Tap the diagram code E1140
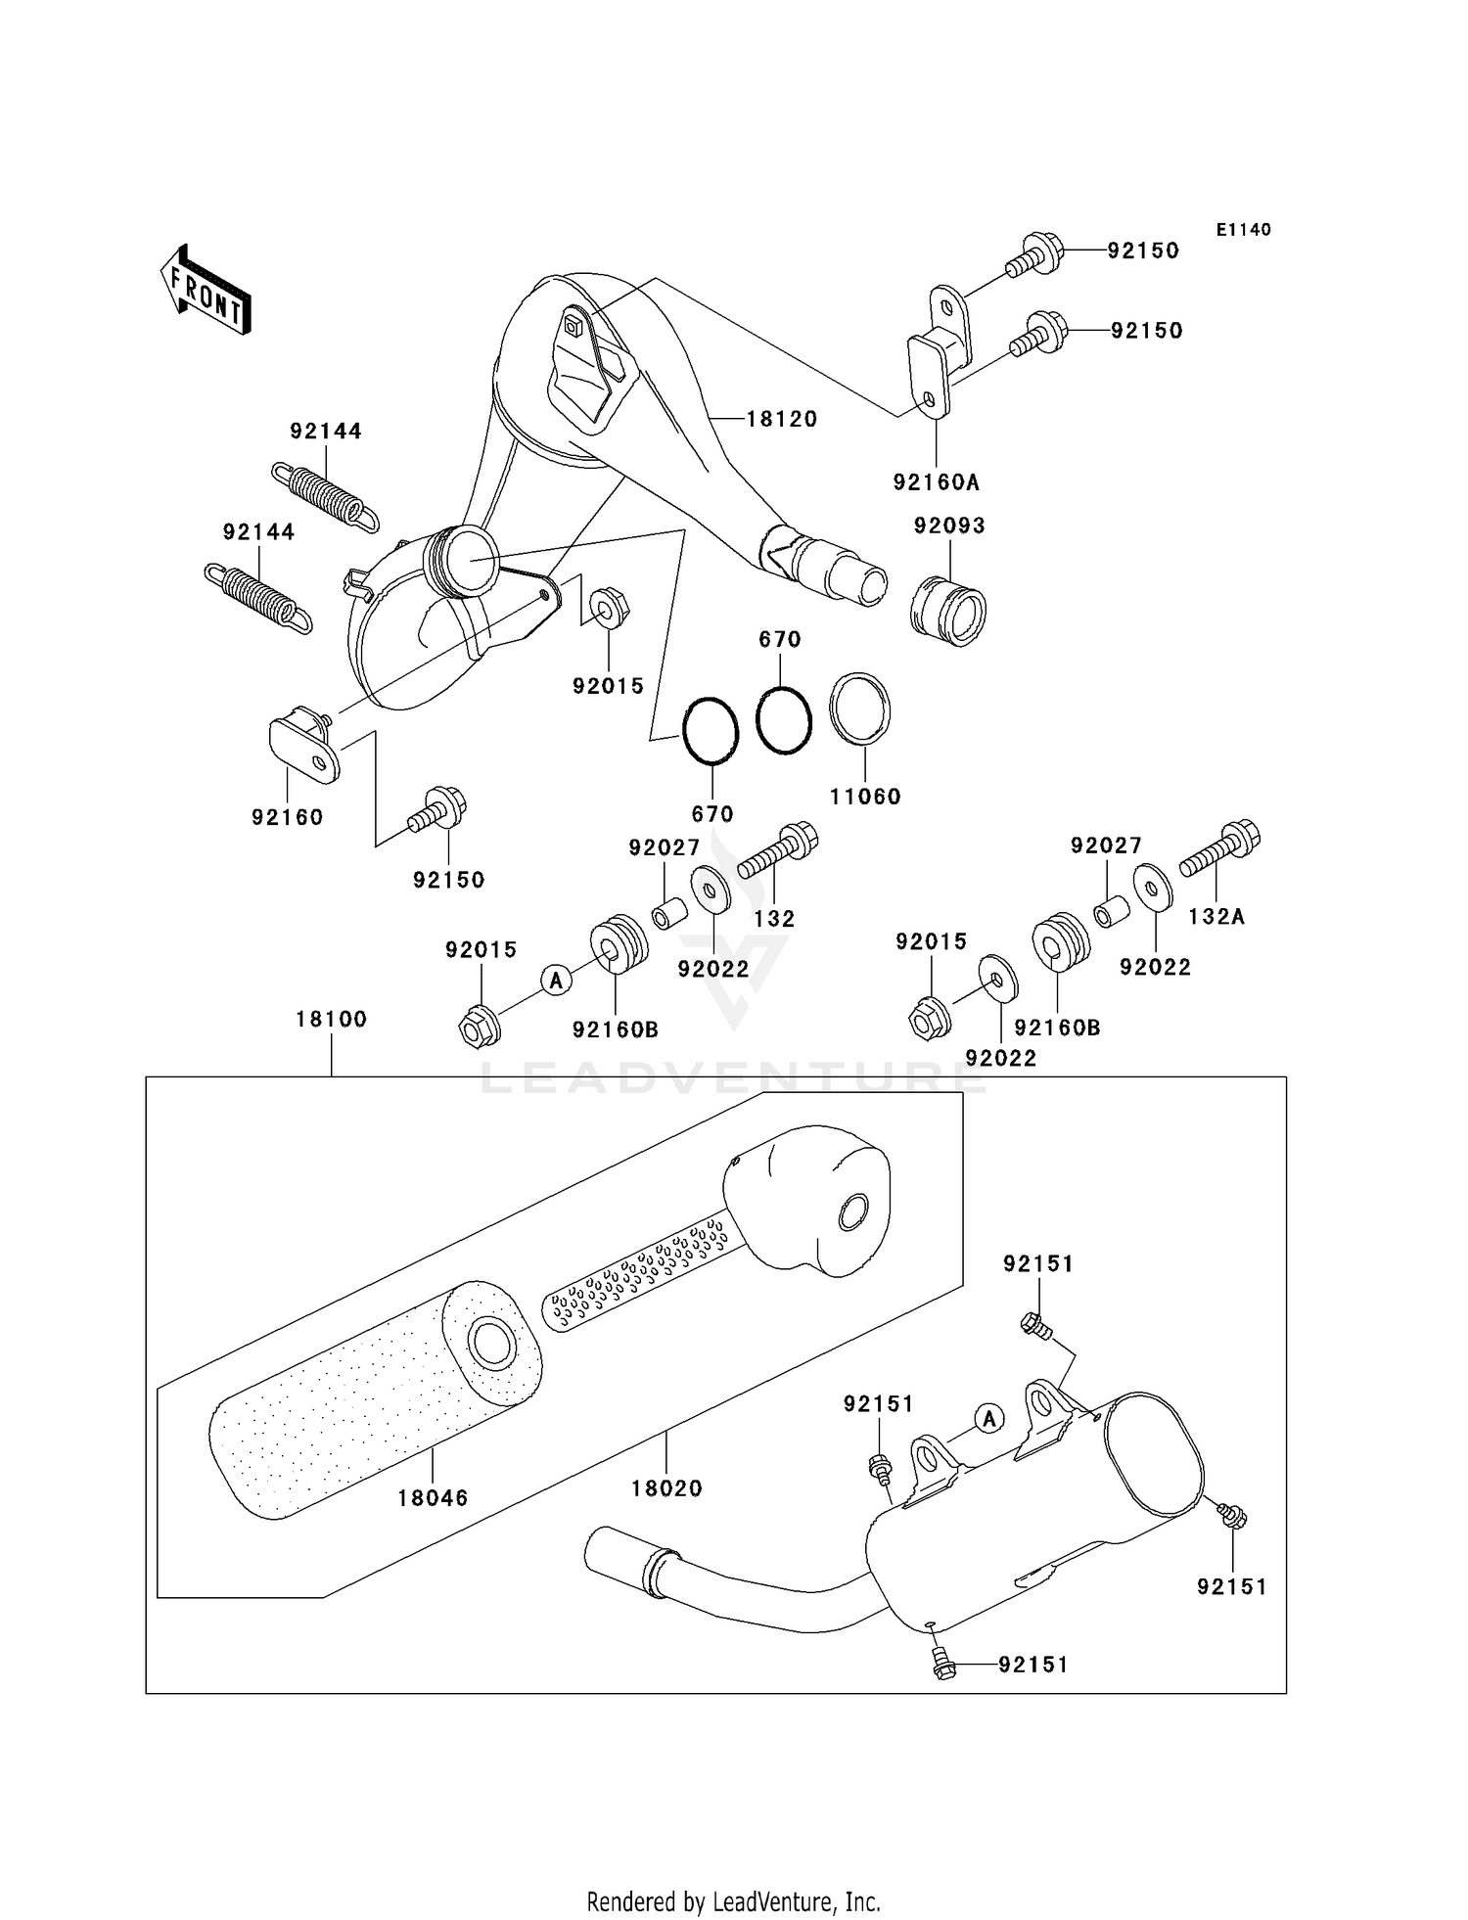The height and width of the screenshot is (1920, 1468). [x=1243, y=230]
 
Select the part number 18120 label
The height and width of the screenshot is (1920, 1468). [x=781, y=419]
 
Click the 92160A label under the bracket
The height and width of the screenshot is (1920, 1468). [x=936, y=481]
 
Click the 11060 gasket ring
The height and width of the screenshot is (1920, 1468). [x=860, y=709]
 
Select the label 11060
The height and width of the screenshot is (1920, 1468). [x=864, y=797]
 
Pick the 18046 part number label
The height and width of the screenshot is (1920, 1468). [x=433, y=1497]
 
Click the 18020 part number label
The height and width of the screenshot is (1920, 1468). [x=666, y=1488]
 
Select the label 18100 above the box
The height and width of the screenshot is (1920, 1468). [x=331, y=1019]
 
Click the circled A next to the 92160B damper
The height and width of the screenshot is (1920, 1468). [x=556, y=979]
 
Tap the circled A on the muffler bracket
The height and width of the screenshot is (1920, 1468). [x=989, y=1417]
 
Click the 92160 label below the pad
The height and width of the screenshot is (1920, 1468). [x=287, y=817]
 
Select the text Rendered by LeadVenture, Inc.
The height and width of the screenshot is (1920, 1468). [x=733, y=1901]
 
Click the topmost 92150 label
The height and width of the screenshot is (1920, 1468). [x=1143, y=251]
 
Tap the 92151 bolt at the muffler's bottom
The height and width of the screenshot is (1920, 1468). [x=943, y=1665]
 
